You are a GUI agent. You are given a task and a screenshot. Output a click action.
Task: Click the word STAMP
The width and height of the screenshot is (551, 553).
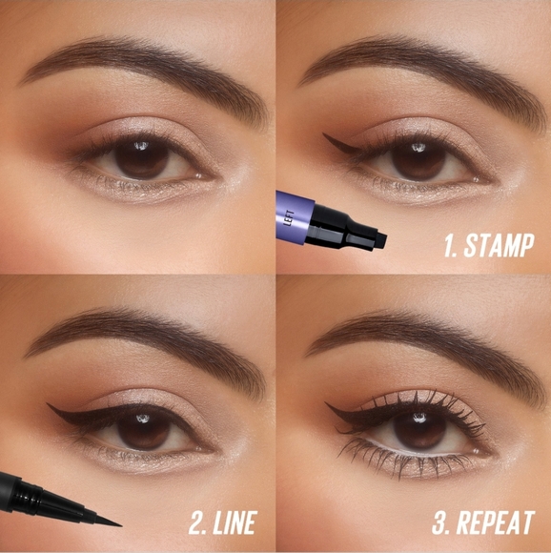click(497, 246)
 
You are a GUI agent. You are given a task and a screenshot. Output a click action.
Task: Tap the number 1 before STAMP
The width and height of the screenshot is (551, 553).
click(449, 246)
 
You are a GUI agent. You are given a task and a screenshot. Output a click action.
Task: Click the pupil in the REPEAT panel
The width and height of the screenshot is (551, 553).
click(420, 427)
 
